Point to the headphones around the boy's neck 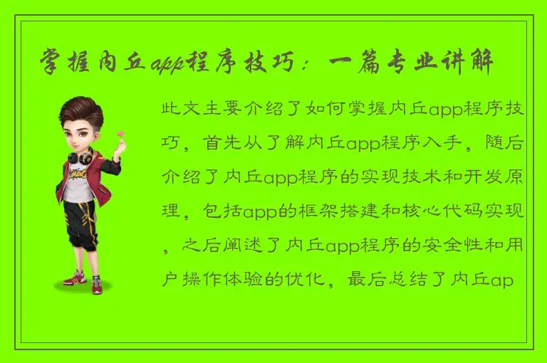pyautogui.click(x=80, y=155)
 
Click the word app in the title pyautogui.click(x=168, y=65)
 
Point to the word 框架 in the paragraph pyautogui.click(x=312, y=213)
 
